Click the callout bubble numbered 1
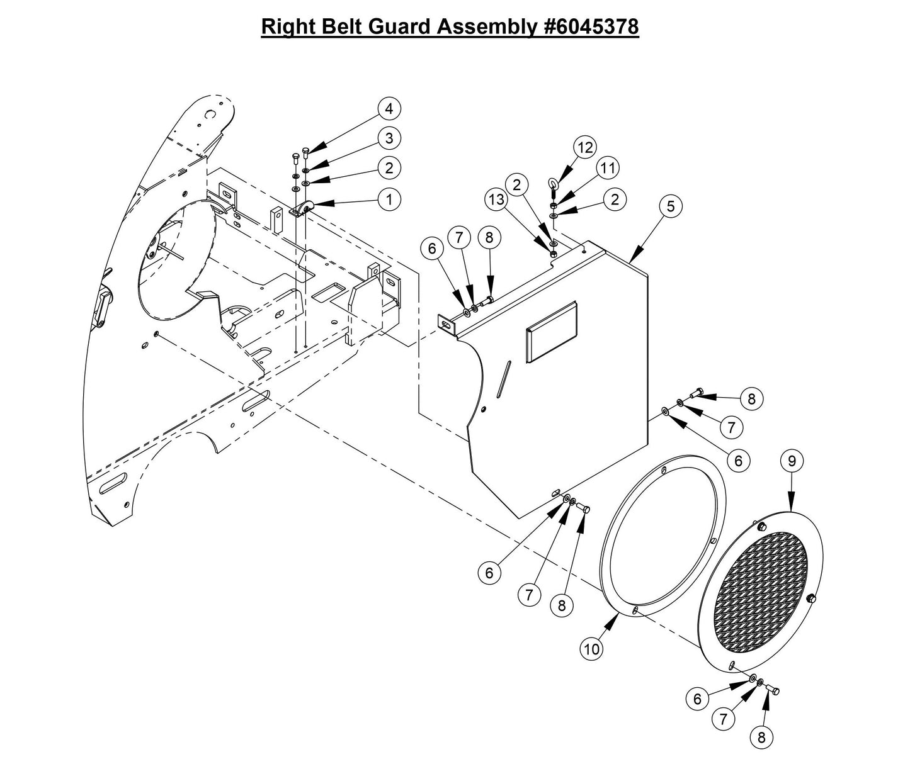pos(389,199)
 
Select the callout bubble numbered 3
pos(389,138)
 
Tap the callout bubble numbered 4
pos(389,108)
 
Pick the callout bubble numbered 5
pos(671,206)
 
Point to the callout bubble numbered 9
pos(792,461)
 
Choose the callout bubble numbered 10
pos(592,649)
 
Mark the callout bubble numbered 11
pos(607,168)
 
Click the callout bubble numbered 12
pos(585,147)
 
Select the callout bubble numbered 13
pos(496,200)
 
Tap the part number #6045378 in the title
pos(590,27)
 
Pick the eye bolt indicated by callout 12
pos(552,184)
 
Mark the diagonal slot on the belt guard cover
pos(503,379)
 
